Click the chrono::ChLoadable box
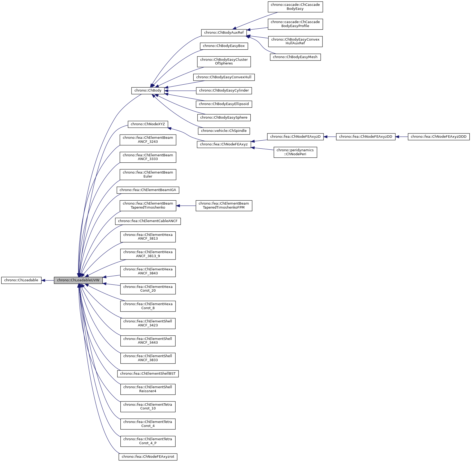[x=21, y=280]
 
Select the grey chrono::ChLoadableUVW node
[x=78, y=280]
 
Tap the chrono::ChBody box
[x=148, y=90]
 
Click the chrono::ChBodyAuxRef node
[x=224, y=33]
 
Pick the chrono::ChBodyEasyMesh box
[x=295, y=57]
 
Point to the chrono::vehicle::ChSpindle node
[x=224, y=131]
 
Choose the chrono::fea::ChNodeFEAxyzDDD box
[x=439, y=137]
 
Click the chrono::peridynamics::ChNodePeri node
[x=295, y=152]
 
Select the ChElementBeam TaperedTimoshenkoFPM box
[x=224, y=206]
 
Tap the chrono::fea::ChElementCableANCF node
[x=148, y=221]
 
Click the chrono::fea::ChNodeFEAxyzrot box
[x=148, y=457]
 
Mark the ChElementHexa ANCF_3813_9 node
[x=148, y=254]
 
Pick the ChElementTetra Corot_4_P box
[x=148, y=441]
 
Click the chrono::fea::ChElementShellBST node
[x=148, y=374]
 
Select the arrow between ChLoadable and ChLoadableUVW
[x=48, y=280]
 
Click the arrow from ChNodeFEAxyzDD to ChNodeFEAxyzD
[x=330, y=137]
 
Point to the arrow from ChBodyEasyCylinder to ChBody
[x=180, y=91]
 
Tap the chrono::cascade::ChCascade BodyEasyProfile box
[x=295, y=24]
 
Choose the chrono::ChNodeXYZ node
[x=148, y=124]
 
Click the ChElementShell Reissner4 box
[x=148, y=389]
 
